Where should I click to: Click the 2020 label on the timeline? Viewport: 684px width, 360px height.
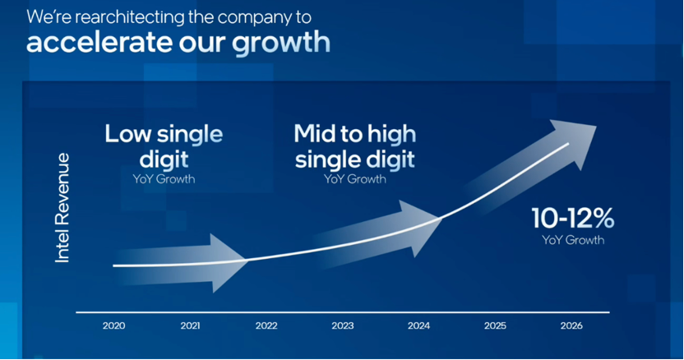113,325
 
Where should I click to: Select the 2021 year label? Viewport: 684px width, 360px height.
190,325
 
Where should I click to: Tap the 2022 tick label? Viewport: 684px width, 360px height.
266,325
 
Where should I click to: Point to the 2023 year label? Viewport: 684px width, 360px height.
343,325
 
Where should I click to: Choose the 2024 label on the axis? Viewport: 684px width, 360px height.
418,325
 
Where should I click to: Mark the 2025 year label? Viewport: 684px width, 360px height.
495,325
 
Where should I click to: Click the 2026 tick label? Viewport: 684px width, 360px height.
571,325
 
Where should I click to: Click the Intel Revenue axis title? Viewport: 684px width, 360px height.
62,208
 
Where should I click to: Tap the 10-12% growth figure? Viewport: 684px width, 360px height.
573,218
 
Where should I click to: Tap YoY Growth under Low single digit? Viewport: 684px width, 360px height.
164,179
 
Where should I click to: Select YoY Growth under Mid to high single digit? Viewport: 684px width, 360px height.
355,179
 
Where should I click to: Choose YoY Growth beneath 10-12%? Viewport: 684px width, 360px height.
573,240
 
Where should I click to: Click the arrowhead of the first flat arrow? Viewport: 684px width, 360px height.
227,263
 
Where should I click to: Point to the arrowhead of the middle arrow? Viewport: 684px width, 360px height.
421,227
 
